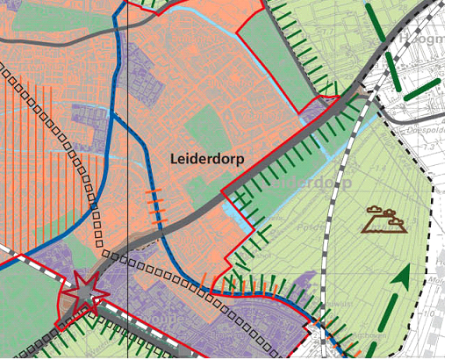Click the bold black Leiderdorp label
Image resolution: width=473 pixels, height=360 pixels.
pos(206,158)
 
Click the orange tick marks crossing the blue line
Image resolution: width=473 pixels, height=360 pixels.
pos(154,205)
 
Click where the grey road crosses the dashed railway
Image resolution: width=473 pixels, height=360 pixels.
pos(362,89)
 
